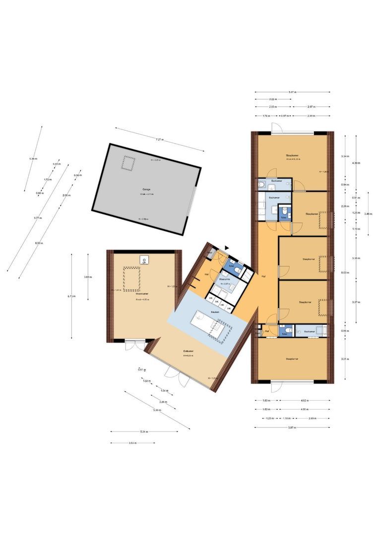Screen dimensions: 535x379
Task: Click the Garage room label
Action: point(146,189)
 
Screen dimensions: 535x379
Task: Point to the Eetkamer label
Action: point(188,351)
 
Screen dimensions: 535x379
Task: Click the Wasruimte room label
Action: point(225,279)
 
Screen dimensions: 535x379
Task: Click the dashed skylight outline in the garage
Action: point(129,163)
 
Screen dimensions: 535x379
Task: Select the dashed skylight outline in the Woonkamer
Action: point(131,279)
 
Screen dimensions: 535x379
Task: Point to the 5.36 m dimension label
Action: point(33,159)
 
